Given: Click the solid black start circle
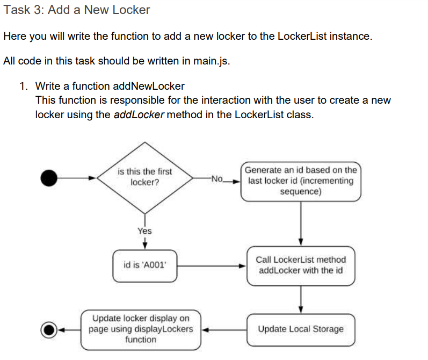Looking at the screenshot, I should [x=49, y=177].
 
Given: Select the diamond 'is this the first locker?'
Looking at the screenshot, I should [x=145, y=177].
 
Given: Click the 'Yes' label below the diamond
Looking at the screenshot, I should [x=144, y=231].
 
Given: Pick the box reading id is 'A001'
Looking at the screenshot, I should [x=145, y=265].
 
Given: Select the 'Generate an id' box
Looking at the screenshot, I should [x=301, y=181].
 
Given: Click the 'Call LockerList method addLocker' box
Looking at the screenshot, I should [x=301, y=265].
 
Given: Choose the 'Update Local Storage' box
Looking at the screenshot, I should [x=301, y=329].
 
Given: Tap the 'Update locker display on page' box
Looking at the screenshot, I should [x=141, y=329].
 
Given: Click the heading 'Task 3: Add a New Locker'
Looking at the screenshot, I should [x=76, y=10].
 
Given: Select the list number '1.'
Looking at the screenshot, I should [x=24, y=86].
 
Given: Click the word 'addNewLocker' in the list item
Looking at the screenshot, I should [x=149, y=86].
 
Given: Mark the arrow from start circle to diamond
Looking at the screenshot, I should [x=78, y=177].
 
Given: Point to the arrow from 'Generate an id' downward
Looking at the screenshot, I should [x=301, y=223].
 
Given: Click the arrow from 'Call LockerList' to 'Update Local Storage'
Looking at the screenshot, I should [x=301, y=299].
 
